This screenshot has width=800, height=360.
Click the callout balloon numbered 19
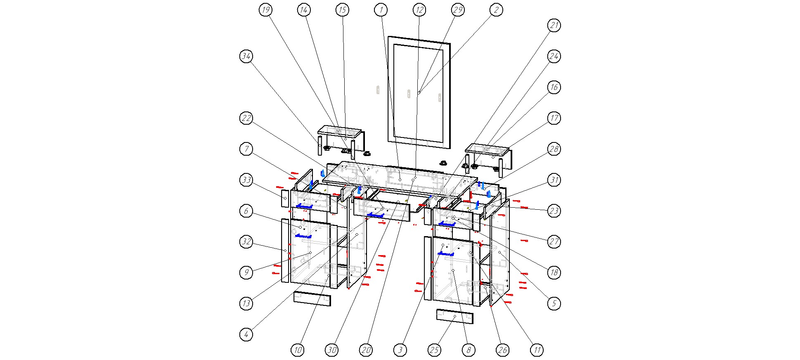pyautogui.click(x=266, y=10)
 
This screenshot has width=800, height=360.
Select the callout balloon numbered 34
pyautogui.click(x=246, y=56)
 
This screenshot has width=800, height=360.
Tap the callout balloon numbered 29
pyautogui.click(x=458, y=10)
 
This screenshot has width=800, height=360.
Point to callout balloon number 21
pyautogui.click(x=554, y=25)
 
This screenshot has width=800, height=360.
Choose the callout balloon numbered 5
pyautogui.click(x=554, y=303)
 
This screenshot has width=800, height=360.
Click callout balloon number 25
pyautogui.click(x=434, y=351)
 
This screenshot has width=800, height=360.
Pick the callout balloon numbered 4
pyautogui.click(x=246, y=334)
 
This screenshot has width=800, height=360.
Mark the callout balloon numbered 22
pyautogui.click(x=246, y=118)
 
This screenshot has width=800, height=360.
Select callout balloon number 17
pyautogui.click(x=554, y=118)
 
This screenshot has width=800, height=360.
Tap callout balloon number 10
pyautogui.click(x=297, y=351)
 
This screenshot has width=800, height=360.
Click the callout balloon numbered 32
pyautogui.click(x=246, y=242)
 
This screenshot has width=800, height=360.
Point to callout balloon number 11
pyautogui.click(x=537, y=351)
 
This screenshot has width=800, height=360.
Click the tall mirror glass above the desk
pyautogui.click(x=418, y=91)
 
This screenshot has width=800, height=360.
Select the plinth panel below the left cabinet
pyautogui.click(x=312, y=298)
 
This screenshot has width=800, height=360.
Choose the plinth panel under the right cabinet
pyautogui.click(x=455, y=316)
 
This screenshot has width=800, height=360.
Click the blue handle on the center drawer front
pyautogui.click(x=376, y=215)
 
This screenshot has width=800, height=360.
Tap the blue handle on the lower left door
pyautogui.click(x=303, y=236)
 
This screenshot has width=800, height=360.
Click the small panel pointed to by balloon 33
pyautogui.click(x=285, y=199)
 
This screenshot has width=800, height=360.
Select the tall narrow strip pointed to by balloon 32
pyautogui.click(x=285, y=251)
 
